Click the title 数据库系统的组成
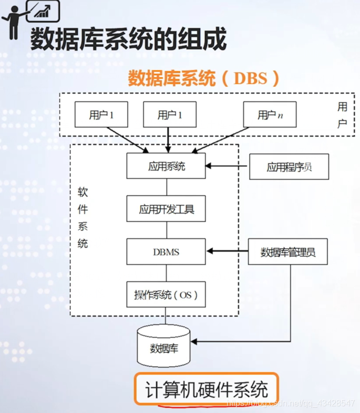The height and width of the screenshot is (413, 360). point(128,39)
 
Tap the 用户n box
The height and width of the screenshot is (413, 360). point(269,115)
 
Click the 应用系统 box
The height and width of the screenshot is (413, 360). point(166,167)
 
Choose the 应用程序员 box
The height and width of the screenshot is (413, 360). point(289,167)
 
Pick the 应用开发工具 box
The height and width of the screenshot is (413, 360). point(166,209)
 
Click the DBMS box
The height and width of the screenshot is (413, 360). point(166,251)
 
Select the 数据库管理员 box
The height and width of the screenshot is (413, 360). point(288,251)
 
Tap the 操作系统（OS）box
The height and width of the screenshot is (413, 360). point(166,294)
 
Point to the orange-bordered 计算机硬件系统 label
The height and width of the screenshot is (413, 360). point(207,389)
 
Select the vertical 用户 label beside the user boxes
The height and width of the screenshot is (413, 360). point(342,115)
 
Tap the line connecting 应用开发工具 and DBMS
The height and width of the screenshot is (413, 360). point(167,230)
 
